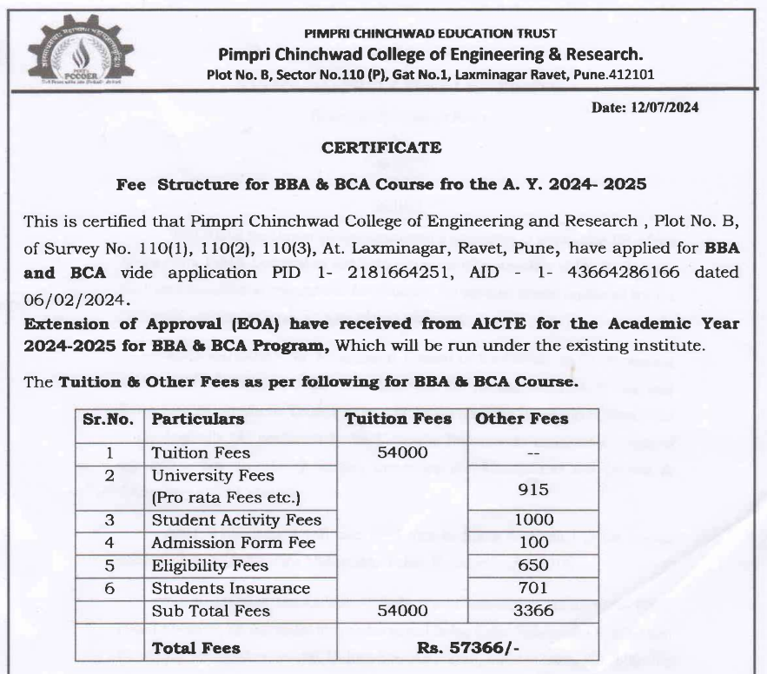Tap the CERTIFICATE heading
381,148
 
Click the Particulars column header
198,419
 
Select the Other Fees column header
521,419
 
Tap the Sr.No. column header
109,419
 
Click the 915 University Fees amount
533,489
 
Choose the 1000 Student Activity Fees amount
533,520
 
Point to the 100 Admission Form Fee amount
533,543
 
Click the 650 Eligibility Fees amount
533,565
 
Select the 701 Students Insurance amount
533,588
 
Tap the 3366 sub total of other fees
533,611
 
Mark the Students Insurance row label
230,588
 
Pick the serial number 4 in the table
109,543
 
